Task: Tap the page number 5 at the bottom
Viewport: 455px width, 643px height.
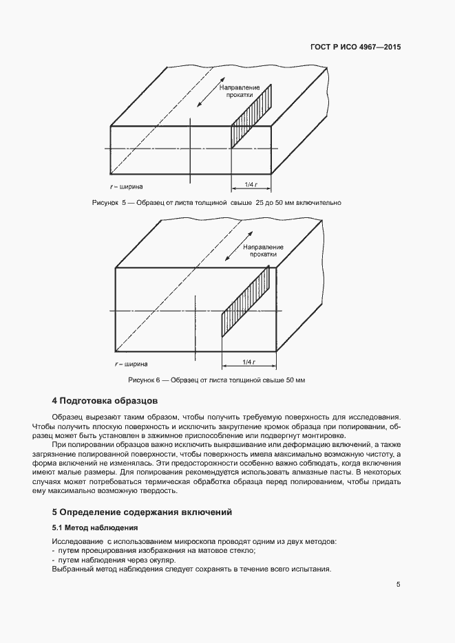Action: tap(398, 585)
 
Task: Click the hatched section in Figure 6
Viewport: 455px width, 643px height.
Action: tap(244, 302)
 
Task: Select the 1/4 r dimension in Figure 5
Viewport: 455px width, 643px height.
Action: tap(251, 185)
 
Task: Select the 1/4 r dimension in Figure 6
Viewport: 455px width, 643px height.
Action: tap(249, 362)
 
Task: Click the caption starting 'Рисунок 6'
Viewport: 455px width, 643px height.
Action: tap(216, 380)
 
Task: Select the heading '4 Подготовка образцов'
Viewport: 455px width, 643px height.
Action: tap(105, 400)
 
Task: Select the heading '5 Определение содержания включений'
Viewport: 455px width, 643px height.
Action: tap(142, 512)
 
